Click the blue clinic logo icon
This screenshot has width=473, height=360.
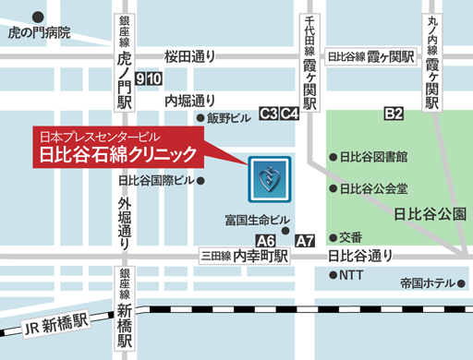point(269,179)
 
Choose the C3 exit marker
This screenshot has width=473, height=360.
point(269,114)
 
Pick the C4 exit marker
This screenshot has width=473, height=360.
point(289,114)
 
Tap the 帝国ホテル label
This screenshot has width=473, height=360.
point(428,282)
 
